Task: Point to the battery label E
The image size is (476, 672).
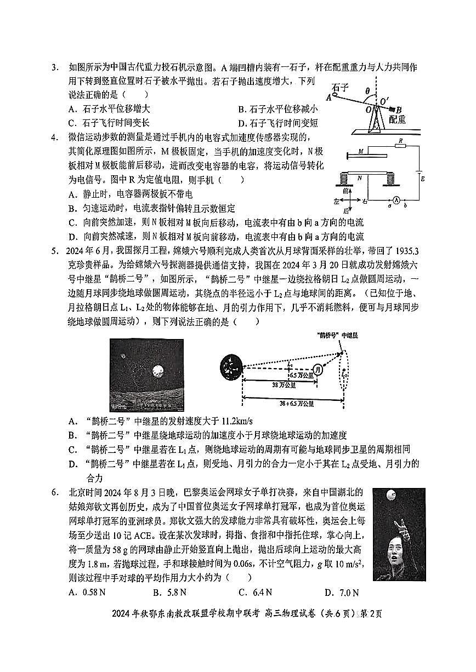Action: pos(423,179)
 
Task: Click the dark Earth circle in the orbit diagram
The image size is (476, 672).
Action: pos(230,366)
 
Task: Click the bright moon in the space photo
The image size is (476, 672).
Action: pos(158,371)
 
